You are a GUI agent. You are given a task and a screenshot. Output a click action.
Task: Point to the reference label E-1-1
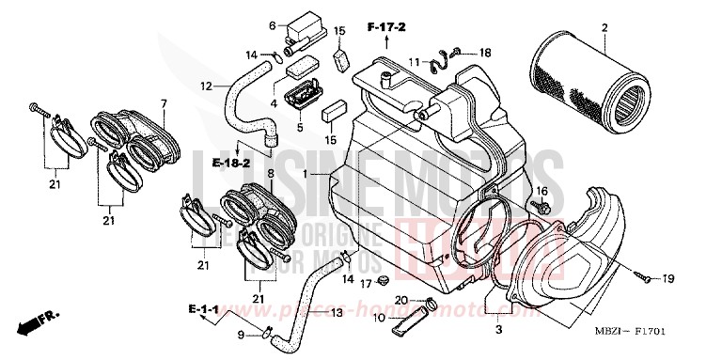[204, 308]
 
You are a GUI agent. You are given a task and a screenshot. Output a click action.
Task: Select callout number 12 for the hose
[205, 87]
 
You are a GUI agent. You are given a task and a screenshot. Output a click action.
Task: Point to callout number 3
[498, 331]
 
